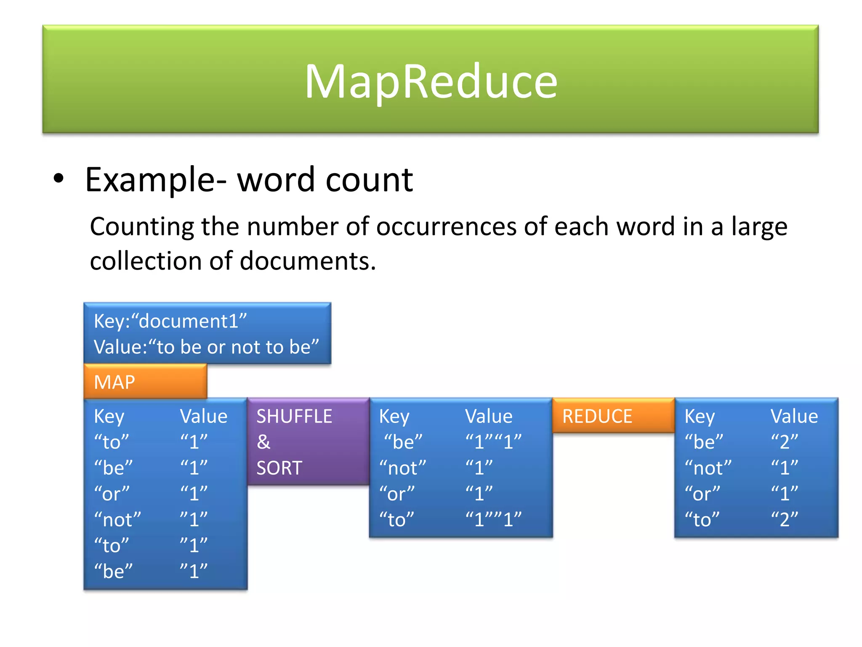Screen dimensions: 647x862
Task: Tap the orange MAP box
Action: pos(145,382)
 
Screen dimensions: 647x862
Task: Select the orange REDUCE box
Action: pos(613,416)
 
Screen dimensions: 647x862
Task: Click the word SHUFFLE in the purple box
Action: pos(294,416)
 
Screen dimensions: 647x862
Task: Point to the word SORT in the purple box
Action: pos(279,468)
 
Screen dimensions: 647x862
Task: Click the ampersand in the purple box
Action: pos(263,442)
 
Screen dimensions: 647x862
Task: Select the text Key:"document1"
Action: pos(170,321)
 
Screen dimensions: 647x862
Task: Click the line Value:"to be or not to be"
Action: pos(206,347)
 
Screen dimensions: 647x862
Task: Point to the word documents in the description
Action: pos(307,261)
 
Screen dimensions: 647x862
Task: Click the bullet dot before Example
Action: pos(59,179)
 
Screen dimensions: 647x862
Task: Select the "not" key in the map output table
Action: pos(117,520)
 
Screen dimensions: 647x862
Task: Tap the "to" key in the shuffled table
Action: pos(396,520)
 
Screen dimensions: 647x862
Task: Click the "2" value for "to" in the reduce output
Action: pos(784,520)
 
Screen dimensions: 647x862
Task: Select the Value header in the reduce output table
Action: pos(794,416)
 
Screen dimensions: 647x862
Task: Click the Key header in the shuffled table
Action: pos(394,416)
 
